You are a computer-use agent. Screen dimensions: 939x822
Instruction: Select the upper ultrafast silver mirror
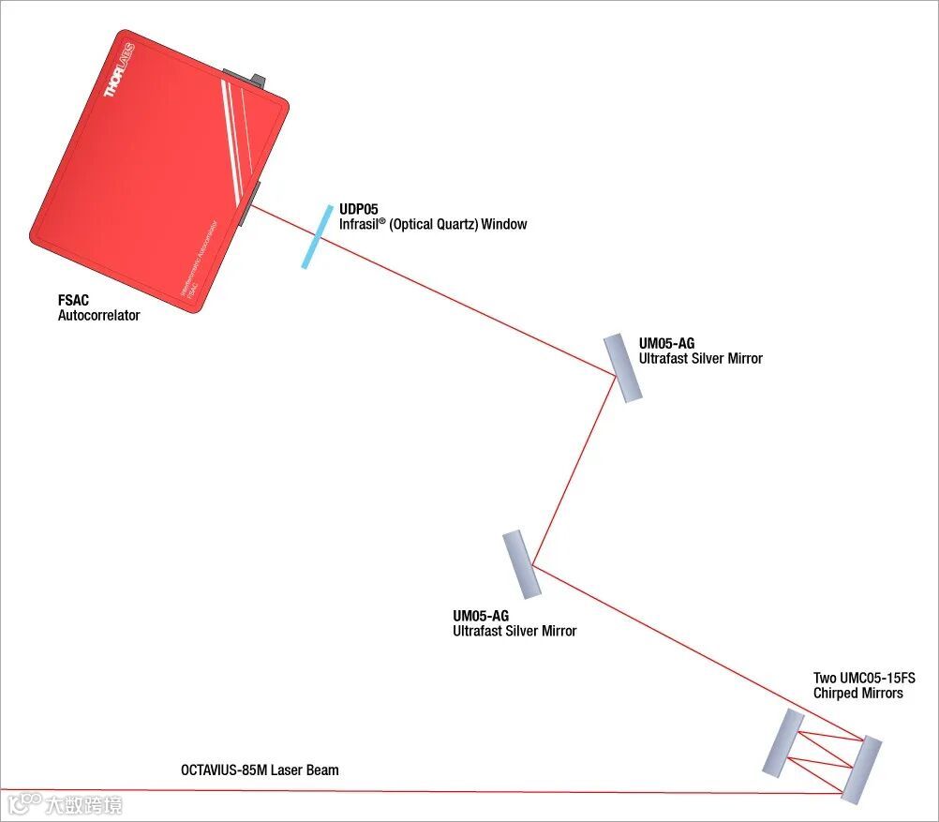[x=623, y=367]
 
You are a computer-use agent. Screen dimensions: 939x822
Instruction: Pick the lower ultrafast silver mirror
[x=521, y=564]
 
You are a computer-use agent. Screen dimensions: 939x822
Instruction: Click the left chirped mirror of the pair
[x=782, y=741]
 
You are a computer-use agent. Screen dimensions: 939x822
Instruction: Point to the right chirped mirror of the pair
[x=861, y=770]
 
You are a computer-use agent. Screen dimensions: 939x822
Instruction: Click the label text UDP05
[x=359, y=210]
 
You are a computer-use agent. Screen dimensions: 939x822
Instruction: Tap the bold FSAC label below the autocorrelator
[x=73, y=301]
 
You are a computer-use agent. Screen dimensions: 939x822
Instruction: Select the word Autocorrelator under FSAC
[x=98, y=316]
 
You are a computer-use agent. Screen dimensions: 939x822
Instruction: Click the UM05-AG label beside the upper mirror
[x=666, y=344]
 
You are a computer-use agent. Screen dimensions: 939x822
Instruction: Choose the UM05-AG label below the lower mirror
[x=481, y=616]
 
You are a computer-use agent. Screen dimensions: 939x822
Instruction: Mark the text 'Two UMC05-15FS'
[x=864, y=678]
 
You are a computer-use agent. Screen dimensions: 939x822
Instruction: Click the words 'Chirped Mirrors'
[x=857, y=694]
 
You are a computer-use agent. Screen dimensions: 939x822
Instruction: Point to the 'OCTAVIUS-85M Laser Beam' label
[x=260, y=770]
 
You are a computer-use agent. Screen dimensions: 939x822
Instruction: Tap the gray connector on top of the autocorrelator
[x=246, y=79]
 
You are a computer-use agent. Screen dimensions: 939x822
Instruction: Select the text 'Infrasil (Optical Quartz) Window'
[x=433, y=225]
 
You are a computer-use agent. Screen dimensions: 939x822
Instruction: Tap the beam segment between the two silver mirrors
[x=574, y=470]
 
